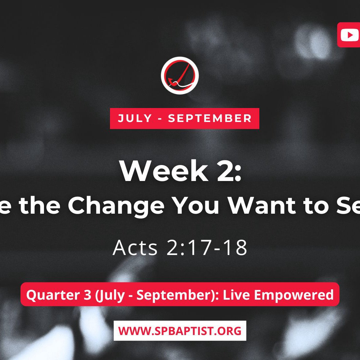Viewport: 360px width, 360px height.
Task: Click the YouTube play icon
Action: click(x=350, y=35)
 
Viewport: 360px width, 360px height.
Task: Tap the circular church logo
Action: click(x=180, y=75)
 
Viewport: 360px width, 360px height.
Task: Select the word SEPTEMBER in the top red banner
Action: click(x=210, y=118)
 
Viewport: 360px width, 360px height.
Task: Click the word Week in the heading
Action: click(x=164, y=171)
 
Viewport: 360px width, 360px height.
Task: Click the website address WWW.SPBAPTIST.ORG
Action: click(x=180, y=331)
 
